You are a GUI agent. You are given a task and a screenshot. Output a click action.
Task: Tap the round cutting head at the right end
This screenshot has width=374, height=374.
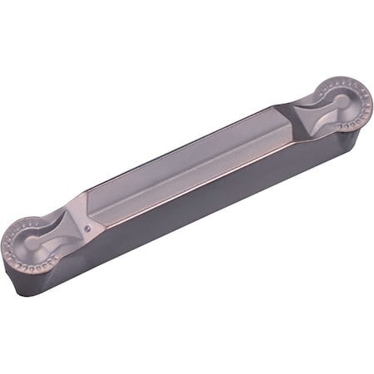tap(341, 103)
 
